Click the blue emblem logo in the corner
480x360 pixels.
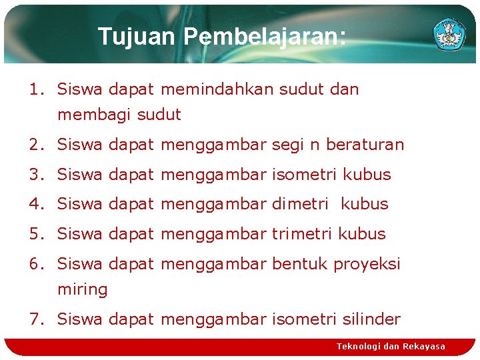pos(449,33)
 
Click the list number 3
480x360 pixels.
pos(35,175)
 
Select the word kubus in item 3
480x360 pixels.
pos(367,175)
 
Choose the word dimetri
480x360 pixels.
pos(300,204)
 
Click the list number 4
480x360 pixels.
pos(35,204)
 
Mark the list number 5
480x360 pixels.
pos(35,234)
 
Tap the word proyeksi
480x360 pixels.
pos(367,264)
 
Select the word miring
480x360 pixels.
pos(83,290)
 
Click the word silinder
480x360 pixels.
pos(373,319)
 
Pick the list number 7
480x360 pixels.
pos(35,319)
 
